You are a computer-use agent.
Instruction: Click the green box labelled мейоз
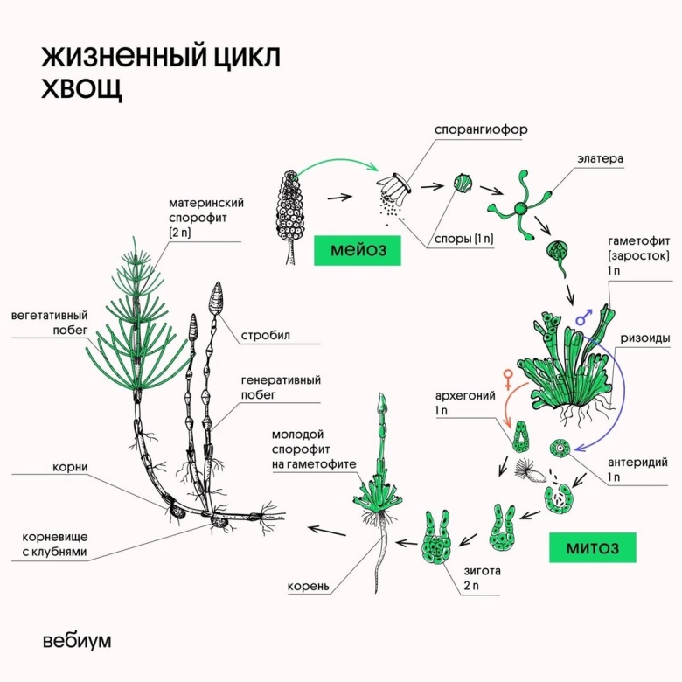(352, 250)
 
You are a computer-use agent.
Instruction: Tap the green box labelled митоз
(592, 547)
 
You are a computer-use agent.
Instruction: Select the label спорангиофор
(481, 129)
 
